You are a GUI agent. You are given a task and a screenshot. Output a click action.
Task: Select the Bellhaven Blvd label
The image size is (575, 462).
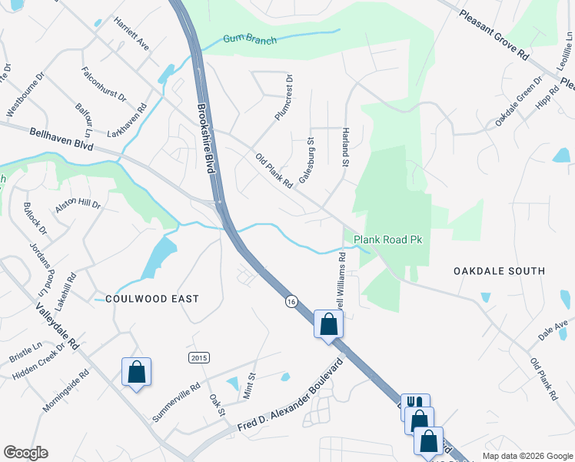point(61,139)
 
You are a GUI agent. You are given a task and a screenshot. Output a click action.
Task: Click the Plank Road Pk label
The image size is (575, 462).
point(388,240)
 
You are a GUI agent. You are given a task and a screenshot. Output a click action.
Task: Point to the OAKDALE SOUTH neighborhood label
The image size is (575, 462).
point(499,271)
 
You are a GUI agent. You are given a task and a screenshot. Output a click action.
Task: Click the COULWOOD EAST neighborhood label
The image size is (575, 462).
point(152,298)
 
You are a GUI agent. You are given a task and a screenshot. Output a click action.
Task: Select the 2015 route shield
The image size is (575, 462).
point(198,357)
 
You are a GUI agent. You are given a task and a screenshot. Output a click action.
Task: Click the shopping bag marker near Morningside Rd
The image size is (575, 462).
point(136,372)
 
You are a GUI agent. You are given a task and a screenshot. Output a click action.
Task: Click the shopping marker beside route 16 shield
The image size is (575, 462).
point(328,324)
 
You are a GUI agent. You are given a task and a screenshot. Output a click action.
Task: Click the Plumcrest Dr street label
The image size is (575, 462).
point(284,98)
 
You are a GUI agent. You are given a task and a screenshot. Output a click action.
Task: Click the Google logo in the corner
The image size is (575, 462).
point(25,453)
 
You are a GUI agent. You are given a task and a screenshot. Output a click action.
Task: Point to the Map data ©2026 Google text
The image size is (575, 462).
point(527,456)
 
